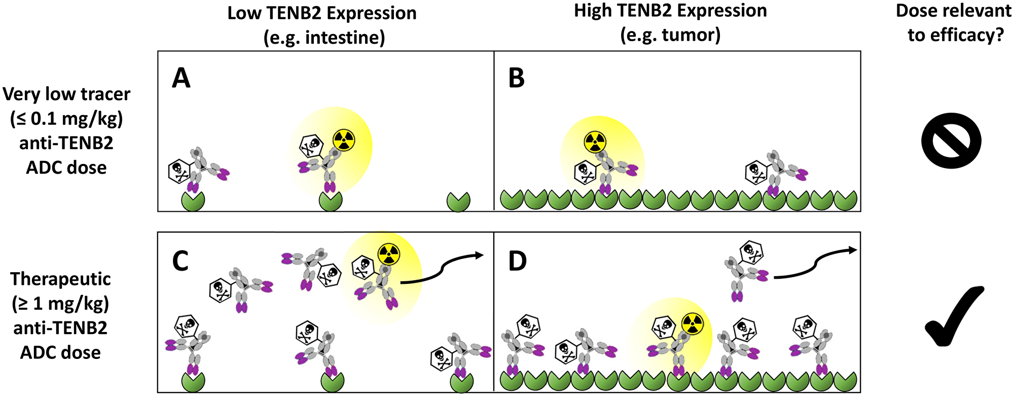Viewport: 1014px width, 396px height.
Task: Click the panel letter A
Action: [181, 78]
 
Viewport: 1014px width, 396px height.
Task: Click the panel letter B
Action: [516, 78]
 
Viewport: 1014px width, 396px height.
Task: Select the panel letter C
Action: [180, 261]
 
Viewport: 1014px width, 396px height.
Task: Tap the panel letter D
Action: [517, 261]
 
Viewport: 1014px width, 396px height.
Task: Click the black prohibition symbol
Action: [951, 141]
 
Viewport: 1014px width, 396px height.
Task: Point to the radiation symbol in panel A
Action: [344, 140]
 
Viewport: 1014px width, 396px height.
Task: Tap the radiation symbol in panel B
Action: [594, 142]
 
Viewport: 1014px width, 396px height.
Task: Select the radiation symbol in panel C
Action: [389, 254]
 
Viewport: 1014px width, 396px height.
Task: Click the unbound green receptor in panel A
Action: [458, 202]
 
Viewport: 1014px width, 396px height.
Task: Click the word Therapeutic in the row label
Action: [60, 279]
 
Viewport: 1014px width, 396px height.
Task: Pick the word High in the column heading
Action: [591, 11]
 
